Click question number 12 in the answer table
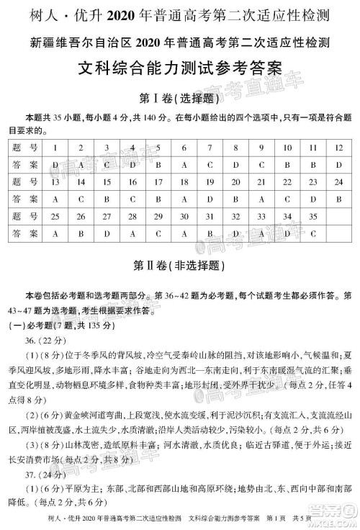click(x=338, y=147)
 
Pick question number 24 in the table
click(x=338, y=181)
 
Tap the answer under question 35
click(x=312, y=233)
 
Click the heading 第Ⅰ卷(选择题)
click(x=179, y=98)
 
